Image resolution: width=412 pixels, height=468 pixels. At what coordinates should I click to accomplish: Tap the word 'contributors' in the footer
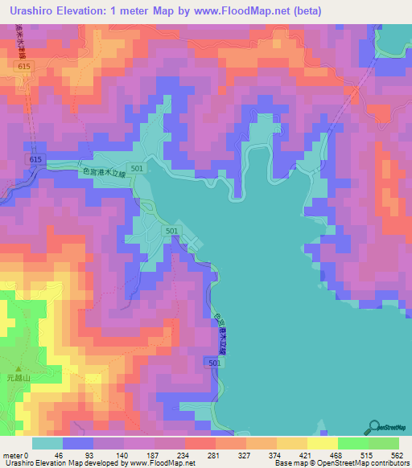[385, 462]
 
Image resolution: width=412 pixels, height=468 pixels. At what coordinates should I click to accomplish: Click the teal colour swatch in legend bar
[47, 443]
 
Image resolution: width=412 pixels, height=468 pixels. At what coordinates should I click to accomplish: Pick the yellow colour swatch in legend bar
[323, 443]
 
